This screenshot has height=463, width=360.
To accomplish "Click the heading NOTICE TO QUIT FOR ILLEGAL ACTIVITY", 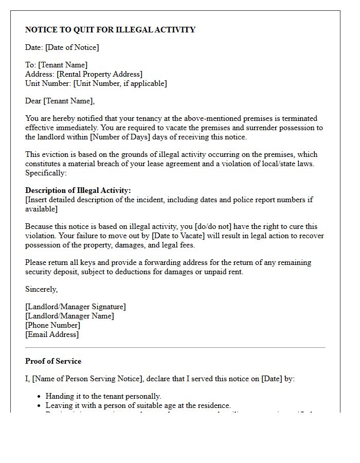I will [110, 30].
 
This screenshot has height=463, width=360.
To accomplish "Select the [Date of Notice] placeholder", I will [72, 47].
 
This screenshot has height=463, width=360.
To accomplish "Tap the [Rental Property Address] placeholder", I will [99, 74].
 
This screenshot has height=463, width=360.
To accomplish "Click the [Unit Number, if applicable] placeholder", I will [120, 83].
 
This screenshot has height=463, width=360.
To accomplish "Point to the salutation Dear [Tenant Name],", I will [60, 101].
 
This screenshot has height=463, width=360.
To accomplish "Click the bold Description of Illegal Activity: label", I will [78, 190].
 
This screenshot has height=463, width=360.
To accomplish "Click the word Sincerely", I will [41, 289].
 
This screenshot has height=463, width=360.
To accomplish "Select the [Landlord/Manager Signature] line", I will [75, 307].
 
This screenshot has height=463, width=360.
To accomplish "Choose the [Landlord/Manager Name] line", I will [69, 316].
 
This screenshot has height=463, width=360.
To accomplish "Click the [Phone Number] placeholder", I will [52, 325].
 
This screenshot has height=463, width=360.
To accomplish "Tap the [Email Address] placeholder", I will [52, 334].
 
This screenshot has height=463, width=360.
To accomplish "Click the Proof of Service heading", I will [53, 361].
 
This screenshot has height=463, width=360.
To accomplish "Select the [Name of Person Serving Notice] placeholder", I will [87, 379].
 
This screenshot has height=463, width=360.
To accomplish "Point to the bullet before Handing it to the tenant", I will [40, 397].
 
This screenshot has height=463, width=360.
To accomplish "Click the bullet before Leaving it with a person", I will [40, 406].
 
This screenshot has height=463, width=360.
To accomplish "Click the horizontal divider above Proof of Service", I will [175, 348].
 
